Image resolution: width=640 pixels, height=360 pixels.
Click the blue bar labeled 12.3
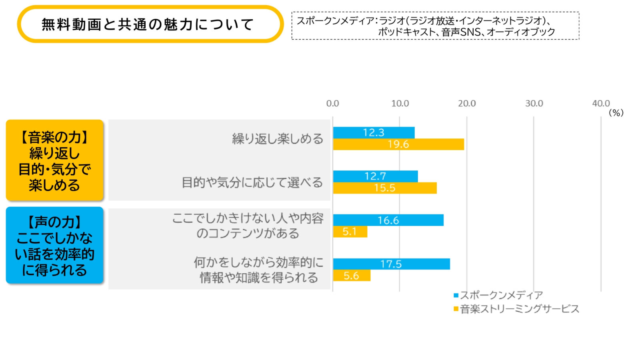point(374,132)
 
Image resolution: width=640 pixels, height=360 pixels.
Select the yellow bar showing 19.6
point(398,144)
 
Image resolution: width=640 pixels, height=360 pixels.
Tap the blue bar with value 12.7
point(375,176)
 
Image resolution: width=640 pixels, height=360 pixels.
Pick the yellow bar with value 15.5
point(385,188)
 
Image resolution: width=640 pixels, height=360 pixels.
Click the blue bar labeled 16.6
point(388,220)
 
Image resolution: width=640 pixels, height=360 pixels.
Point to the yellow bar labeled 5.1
point(350,232)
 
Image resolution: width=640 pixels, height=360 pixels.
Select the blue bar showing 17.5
point(391,264)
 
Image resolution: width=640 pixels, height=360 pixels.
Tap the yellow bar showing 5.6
point(352,276)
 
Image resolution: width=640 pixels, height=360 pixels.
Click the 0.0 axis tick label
point(332,104)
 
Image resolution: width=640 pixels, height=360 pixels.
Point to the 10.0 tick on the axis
point(400,104)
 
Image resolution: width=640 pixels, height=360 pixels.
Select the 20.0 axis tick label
point(467,104)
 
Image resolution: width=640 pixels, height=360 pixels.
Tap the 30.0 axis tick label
point(534,104)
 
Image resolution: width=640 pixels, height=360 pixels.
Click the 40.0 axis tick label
point(601,104)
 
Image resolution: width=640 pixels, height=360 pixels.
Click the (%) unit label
point(616,113)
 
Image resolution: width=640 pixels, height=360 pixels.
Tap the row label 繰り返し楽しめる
point(278,139)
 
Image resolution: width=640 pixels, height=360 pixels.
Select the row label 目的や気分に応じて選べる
point(252,182)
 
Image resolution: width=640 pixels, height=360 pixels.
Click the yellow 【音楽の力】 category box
point(55,160)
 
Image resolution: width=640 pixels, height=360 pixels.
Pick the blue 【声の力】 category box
point(55,245)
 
